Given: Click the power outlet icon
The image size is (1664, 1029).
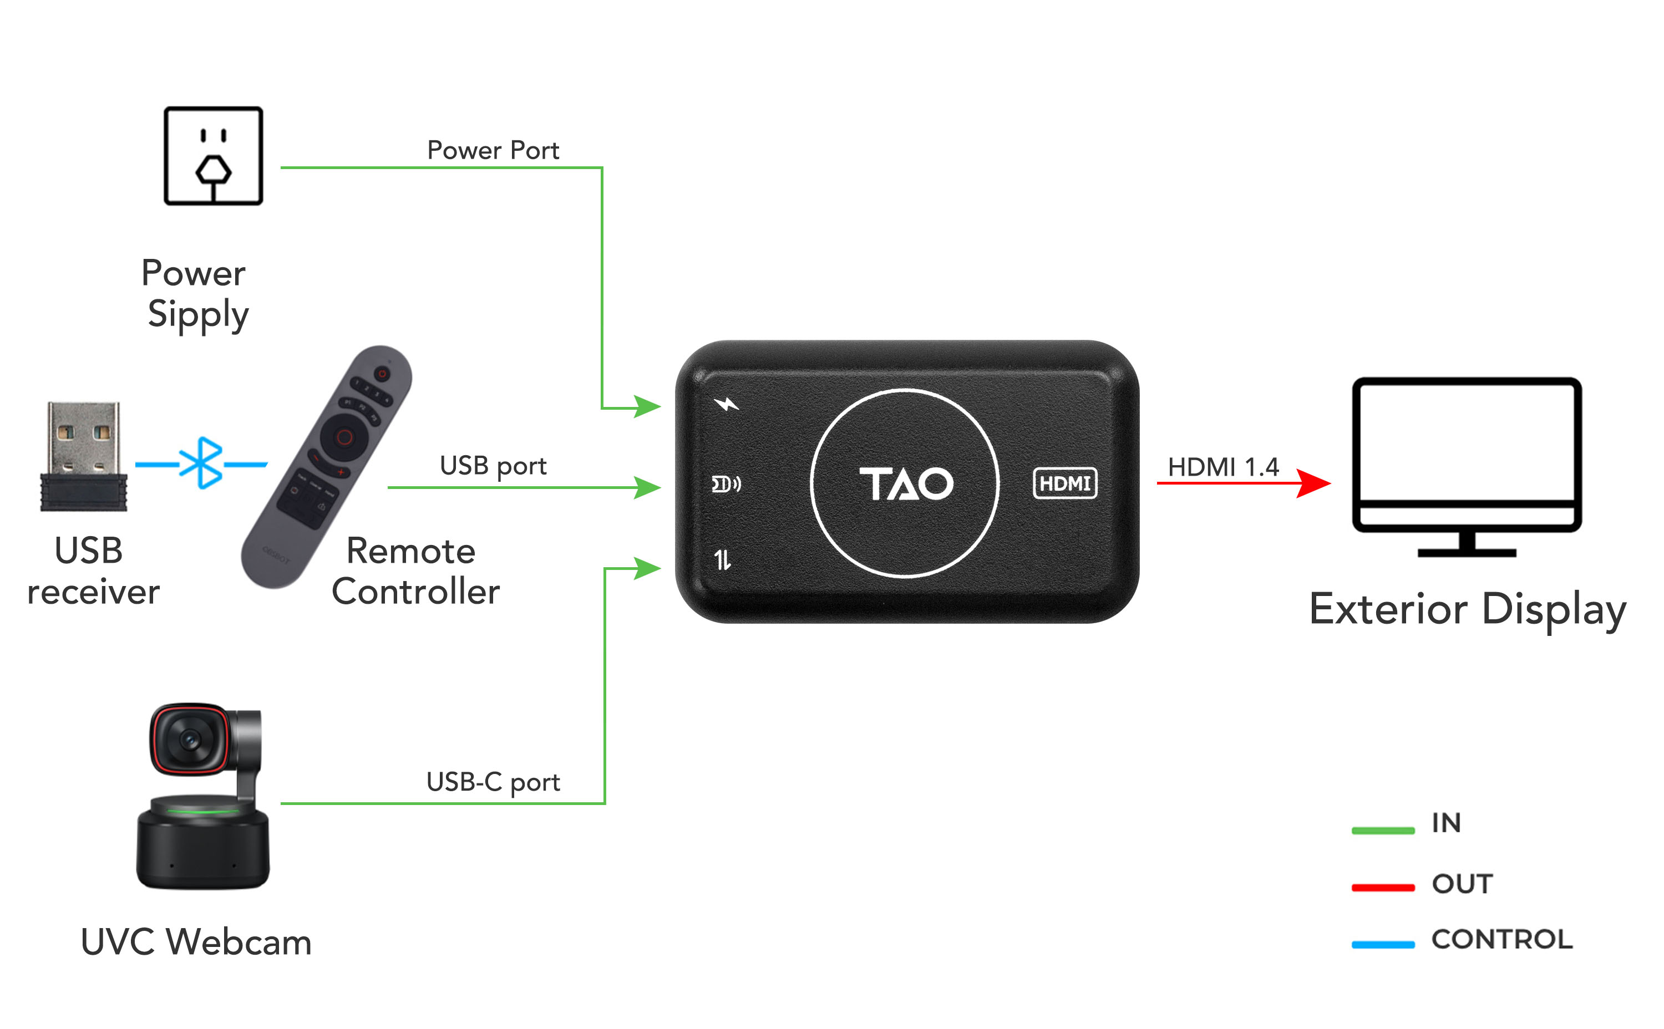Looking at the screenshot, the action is coord(213,156).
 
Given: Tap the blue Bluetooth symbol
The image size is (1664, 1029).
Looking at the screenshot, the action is coord(201,463).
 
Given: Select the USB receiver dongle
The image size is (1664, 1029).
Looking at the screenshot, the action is coord(84,456).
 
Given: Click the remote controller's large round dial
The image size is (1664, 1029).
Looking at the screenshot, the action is coord(344,437).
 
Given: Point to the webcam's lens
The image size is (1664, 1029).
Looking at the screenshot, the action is coord(189,739).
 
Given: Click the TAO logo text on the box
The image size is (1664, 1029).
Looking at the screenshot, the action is coord(906,484).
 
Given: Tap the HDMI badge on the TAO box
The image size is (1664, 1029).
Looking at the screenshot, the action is coord(1064,483).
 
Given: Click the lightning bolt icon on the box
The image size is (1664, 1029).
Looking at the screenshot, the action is coord(726,404).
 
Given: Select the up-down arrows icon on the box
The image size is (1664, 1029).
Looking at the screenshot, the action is coord(722,560).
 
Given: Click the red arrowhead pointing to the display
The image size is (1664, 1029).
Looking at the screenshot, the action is coord(1313,483).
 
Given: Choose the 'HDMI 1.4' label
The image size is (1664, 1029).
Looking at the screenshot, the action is coord(1223,467).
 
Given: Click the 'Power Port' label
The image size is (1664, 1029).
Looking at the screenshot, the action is coord(493,150).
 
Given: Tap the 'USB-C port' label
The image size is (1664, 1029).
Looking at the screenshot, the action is coord(493,782).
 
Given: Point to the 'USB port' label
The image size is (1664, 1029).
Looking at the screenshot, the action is coord(493,466).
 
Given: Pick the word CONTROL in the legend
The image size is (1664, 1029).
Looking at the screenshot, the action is coord(1501,940).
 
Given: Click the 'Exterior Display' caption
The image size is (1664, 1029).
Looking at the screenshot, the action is coord(1467,609).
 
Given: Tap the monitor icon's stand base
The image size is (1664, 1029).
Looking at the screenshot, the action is coord(1467,553).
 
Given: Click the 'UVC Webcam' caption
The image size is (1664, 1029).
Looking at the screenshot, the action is coord(196,943).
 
